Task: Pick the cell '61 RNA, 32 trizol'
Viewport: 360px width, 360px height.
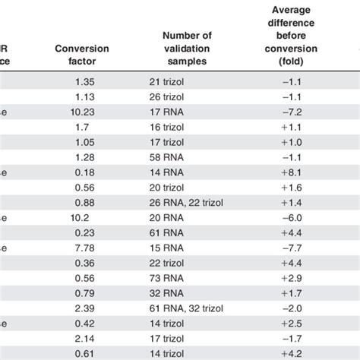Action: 188,305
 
